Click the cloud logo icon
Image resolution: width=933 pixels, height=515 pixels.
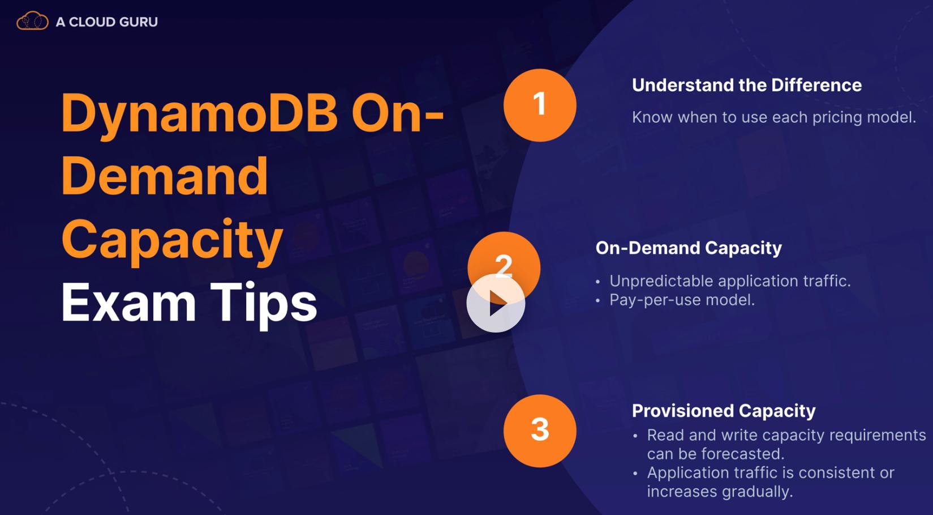(x=32, y=21)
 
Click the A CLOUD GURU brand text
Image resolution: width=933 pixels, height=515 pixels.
(x=106, y=22)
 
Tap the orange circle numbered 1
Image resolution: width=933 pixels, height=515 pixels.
(x=540, y=105)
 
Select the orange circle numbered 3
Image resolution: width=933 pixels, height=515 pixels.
(x=540, y=431)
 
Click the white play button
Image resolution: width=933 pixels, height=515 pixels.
(x=496, y=303)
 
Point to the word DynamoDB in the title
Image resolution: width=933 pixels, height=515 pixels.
(x=200, y=113)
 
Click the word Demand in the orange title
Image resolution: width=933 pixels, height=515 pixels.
(x=165, y=176)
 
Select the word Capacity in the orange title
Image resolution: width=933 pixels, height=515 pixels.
(x=172, y=242)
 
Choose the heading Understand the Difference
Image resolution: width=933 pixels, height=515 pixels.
(x=747, y=85)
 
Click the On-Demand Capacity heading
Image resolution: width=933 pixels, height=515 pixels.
(x=689, y=248)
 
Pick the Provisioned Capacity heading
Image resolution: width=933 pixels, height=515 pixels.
(x=724, y=411)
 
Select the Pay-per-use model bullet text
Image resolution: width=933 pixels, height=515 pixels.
(x=682, y=300)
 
